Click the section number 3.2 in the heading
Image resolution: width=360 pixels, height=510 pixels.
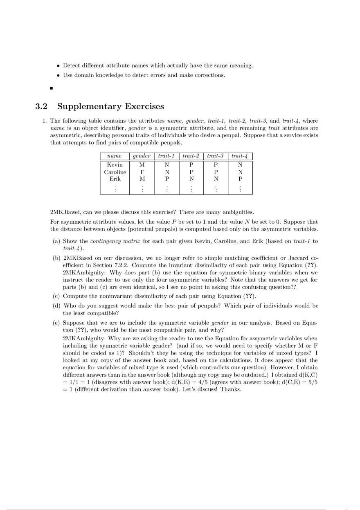pyautogui.click(x=41, y=107)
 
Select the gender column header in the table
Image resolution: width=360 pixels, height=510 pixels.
pyautogui.click(x=142, y=156)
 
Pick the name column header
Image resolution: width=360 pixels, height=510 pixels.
pyautogui.click(x=115, y=156)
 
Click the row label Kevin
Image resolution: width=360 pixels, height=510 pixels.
pyautogui.click(x=115, y=165)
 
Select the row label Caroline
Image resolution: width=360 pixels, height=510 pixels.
pyautogui.click(x=115, y=172)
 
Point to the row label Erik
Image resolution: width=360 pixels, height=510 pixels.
pyautogui.click(x=115, y=179)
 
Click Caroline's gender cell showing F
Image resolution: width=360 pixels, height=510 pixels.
pyautogui.click(x=142, y=172)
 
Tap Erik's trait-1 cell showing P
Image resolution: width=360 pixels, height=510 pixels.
pyautogui.click(x=166, y=179)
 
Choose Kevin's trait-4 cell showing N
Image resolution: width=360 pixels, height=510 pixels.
pyautogui.click(x=240, y=165)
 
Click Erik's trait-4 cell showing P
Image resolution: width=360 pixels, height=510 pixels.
pyautogui.click(x=240, y=179)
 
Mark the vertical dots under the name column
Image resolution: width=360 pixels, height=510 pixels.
pyautogui.click(x=115, y=189)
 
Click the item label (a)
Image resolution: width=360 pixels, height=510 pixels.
pyautogui.click(x=57, y=241)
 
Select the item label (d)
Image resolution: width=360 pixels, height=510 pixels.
pyautogui.click(x=57, y=306)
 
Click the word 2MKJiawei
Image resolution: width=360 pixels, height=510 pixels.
pyautogui.click(x=65, y=212)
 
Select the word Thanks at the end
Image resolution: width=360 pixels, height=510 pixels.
pyautogui.click(x=231, y=389)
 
